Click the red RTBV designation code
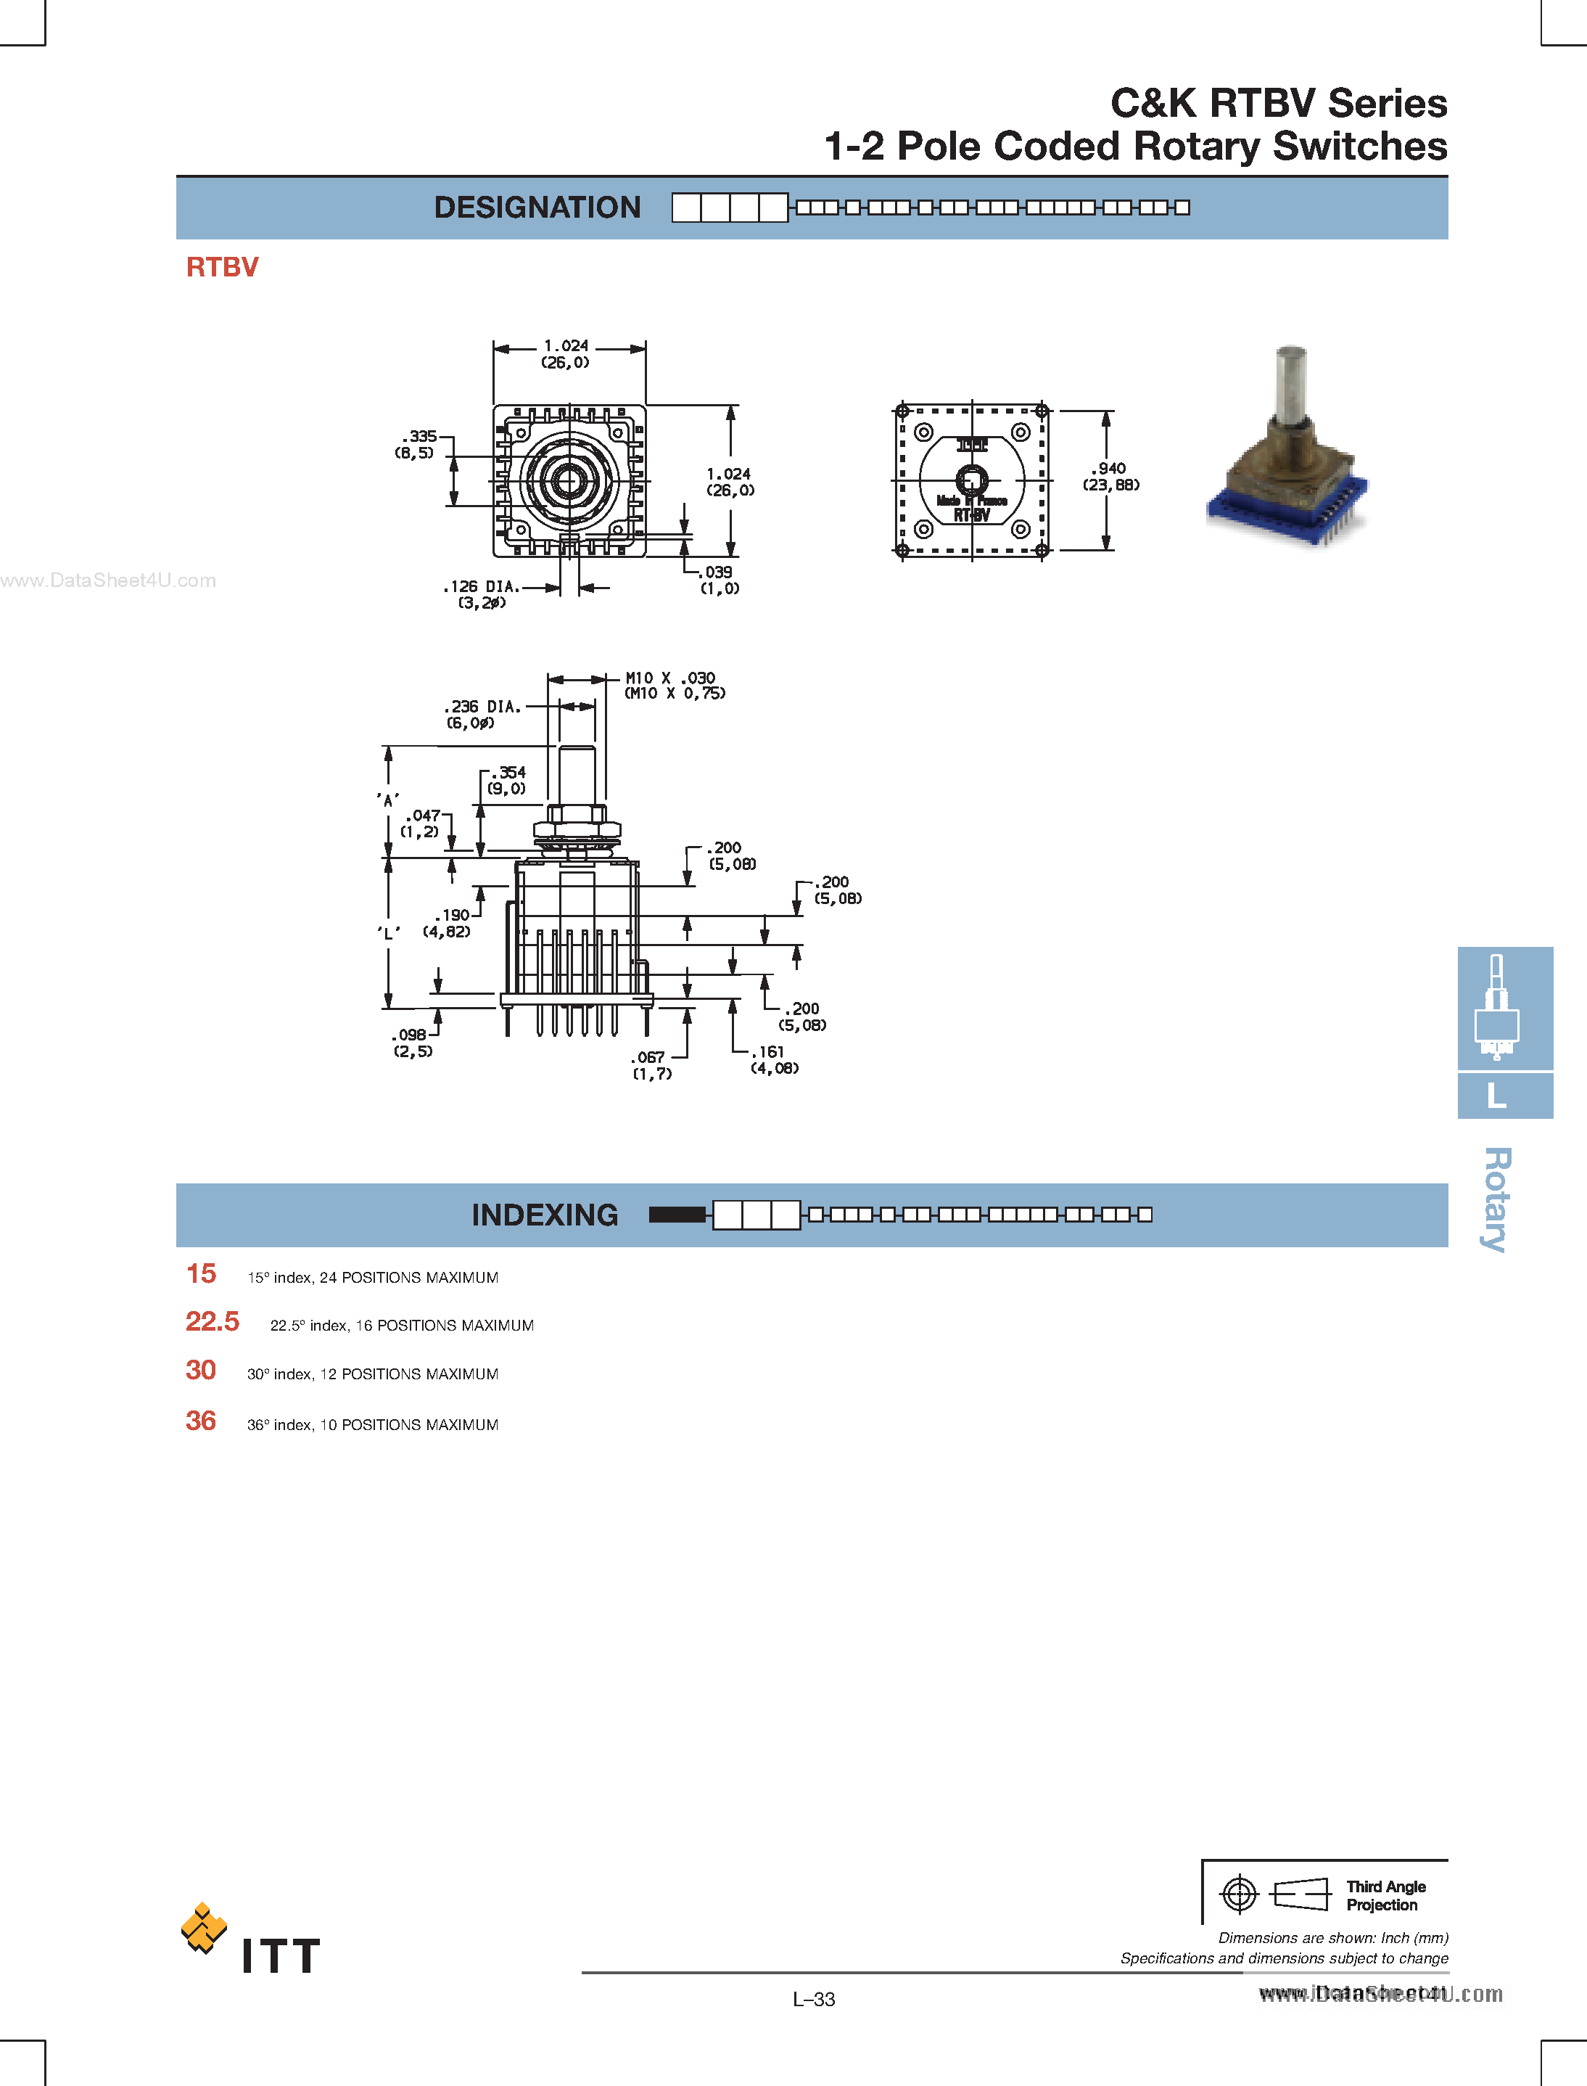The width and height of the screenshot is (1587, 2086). coord(222,267)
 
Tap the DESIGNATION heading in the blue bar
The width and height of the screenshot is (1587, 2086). coord(537,208)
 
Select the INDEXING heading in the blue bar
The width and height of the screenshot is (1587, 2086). coord(544,1215)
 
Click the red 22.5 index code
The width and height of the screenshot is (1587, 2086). coord(213,1322)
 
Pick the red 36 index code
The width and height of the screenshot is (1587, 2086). coord(200,1421)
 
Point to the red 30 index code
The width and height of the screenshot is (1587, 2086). coord(200,1370)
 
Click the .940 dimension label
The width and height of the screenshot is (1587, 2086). coord(1110,476)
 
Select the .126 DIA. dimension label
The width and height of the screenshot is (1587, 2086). coord(482,594)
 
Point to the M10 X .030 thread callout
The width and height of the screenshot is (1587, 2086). coord(672,685)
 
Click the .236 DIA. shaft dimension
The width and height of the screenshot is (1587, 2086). coord(482,714)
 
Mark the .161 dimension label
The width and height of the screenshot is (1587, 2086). coord(774,1059)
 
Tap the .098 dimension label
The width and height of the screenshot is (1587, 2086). coord(413,1042)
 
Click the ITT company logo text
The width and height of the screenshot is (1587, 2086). coord(281,1955)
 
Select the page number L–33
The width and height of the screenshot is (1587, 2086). coord(813,1999)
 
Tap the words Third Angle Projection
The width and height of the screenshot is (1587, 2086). coord(1385,1895)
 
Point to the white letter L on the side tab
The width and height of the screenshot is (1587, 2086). coord(1496,1096)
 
